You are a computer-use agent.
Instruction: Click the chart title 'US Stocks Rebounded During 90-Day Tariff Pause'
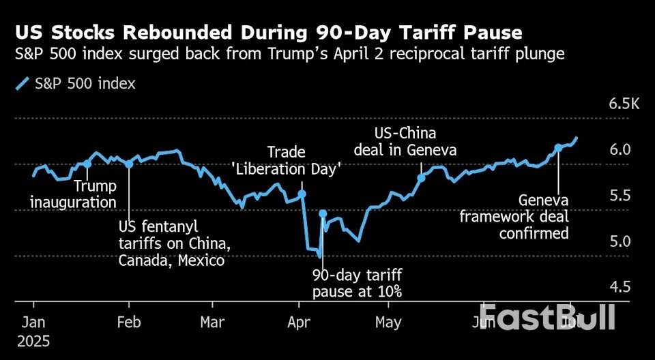(x=270, y=32)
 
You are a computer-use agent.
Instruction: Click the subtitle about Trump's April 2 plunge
(x=289, y=55)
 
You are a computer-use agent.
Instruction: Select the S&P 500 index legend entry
(x=75, y=84)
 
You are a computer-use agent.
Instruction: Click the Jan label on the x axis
(x=33, y=321)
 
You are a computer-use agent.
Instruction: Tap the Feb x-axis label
(x=129, y=321)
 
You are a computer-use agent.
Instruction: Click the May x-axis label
(x=388, y=321)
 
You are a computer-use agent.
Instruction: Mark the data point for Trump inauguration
(x=87, y=164)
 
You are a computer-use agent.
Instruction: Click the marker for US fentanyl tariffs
(x=129, y=164)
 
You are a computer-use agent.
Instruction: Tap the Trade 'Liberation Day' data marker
(x=302, y=194)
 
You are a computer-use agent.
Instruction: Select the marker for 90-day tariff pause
(x=323, y=214)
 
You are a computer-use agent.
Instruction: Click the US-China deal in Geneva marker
(x=421, y=177)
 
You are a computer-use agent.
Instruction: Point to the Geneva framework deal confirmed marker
(x=558, y=147)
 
